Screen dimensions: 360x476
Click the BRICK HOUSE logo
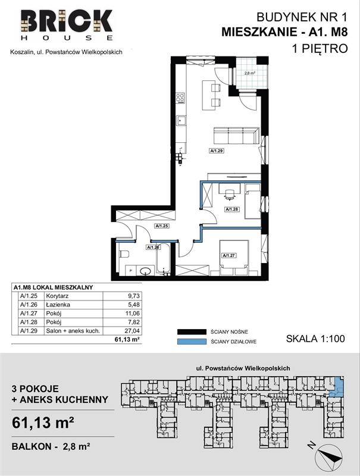(67, 25)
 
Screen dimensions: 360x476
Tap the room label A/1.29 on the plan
(217, 150)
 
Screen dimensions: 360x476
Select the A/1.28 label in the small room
(231, 209)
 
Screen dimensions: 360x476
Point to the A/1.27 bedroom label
(230, 256)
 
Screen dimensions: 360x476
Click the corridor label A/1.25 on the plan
(162, 226)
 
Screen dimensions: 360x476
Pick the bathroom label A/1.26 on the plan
(154, 247)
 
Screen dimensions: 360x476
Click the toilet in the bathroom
(124, 254)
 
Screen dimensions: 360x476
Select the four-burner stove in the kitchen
(180, 98)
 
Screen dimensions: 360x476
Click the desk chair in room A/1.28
(229, 195)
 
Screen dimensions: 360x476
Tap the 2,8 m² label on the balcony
(249, 73)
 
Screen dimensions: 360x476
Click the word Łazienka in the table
(58, 305)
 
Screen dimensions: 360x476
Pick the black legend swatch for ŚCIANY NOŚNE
(191, 332)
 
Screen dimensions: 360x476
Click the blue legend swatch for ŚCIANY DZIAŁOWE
(191, 342)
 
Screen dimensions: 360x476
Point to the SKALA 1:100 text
(315, 339)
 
